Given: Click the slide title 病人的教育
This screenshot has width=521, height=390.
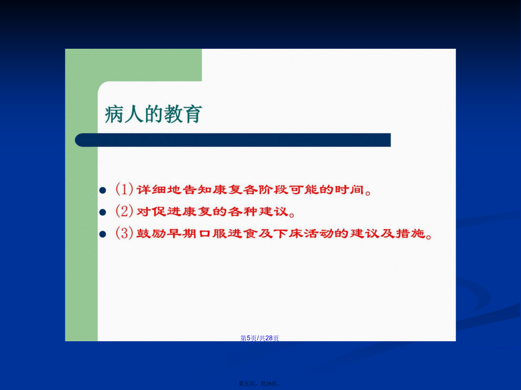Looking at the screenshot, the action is click(153, 114).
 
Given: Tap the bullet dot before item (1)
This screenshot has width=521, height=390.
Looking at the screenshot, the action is click(103, 190).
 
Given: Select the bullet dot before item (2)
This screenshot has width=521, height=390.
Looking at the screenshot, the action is click(103, 212).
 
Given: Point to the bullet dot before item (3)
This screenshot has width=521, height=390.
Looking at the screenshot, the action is click(103, 234).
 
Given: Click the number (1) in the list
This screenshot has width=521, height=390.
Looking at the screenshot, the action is click(124, 189).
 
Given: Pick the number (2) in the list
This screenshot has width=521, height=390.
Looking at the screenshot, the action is click(124, 211).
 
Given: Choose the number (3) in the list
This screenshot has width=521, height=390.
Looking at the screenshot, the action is click(124, 233).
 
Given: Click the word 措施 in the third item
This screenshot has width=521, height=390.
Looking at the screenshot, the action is click(411, 234).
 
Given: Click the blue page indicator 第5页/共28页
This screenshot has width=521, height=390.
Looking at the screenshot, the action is click(259, 338).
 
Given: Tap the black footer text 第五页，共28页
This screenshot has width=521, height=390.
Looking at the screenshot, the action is click(259, 384).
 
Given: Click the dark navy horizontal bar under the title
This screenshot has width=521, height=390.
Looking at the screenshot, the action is click(232, 140).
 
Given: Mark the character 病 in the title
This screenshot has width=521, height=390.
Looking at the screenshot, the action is click(114, 114).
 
